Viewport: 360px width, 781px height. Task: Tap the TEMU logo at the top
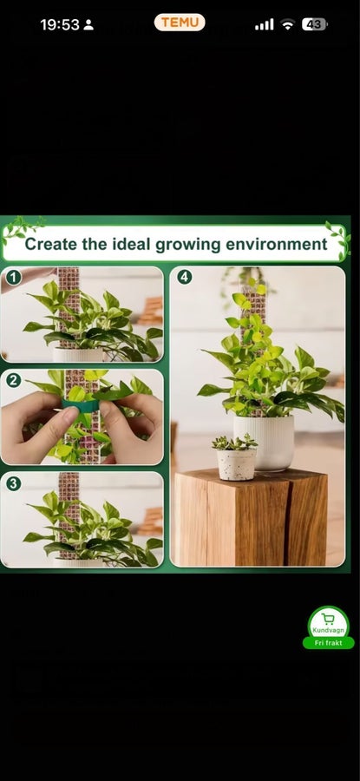coord(180,23)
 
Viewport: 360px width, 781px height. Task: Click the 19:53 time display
coord(60,24)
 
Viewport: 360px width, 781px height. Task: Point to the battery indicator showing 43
coord(314,24)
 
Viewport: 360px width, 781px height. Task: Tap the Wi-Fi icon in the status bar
coord(287,24)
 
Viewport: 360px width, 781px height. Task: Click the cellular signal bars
coord(264,24)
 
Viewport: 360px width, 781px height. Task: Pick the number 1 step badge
coord(13,278)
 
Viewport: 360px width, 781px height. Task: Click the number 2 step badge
coord(13,381)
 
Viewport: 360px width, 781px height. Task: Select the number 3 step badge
coord(13,483)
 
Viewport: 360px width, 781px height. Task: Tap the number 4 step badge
coord(185,278)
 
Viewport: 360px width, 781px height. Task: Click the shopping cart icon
coord(328,619)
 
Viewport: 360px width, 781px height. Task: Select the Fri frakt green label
coord(328,642)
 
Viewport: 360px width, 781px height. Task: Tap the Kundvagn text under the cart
coord(328,631)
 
